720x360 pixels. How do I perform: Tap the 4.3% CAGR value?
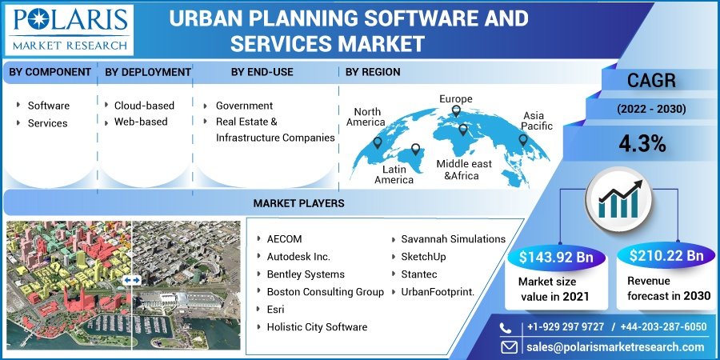tap(642, 143)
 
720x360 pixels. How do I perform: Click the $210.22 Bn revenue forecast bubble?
tap(666, 256)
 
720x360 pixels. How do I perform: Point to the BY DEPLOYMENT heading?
tap(148, 72)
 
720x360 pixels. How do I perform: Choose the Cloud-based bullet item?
tap(144, 105)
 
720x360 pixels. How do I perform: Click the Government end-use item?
tap(244, 105)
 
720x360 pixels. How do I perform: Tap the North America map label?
tap(366, 117)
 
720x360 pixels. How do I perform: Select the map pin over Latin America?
tap(415, 150)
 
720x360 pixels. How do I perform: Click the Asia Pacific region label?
tap(537, 121)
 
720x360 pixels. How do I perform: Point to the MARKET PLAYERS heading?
tap(298, 203)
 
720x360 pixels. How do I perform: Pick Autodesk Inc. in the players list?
tap(298, 257)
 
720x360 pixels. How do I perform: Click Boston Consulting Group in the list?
tap(325, 291)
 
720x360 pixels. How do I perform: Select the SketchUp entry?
tap(423, 257)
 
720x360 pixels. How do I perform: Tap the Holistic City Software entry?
tap(317, 326)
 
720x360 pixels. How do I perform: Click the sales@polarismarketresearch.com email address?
tap(614, 346)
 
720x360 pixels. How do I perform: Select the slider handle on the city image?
tap(132, 280)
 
